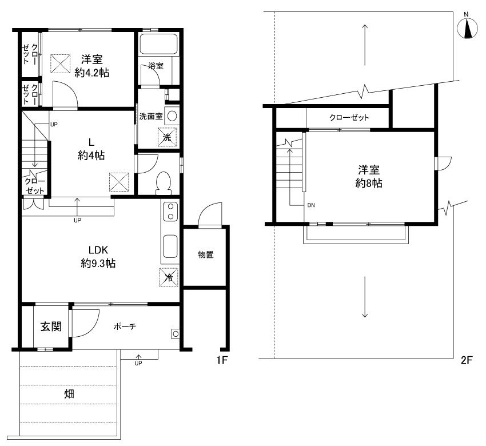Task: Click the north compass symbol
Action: (467, 28)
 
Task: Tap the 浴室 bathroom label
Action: (156, 66)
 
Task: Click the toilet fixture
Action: (164, 183)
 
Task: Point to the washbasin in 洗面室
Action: (172, 116)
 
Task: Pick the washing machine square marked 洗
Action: (167, 137)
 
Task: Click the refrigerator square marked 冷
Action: (169, 277)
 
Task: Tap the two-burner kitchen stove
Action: (170, 212)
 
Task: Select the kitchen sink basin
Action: (170, 246)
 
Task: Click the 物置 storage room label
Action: (206, 254)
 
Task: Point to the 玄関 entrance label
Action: (51, 326)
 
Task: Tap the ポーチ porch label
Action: (125, 326)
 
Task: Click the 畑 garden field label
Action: (69, 394)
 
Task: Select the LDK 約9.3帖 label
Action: (98, 256)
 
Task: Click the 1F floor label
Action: (222, 360)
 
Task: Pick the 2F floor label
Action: (467, 360)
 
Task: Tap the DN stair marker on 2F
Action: (311, 205)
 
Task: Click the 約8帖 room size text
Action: (369, 183)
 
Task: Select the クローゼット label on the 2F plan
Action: (349, 117)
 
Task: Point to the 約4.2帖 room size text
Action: (91, 73)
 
